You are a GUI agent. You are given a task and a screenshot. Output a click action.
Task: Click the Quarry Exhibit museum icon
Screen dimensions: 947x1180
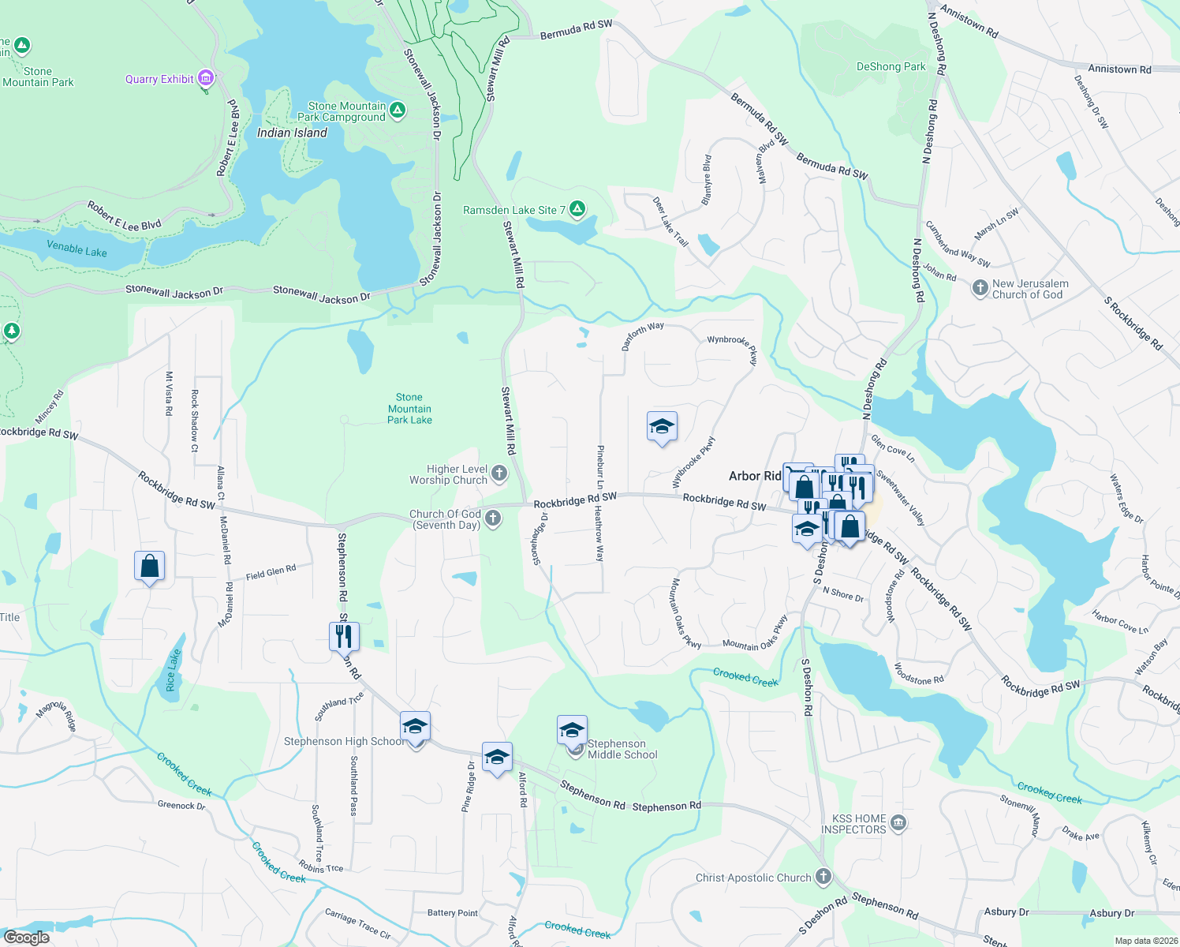[206, 78]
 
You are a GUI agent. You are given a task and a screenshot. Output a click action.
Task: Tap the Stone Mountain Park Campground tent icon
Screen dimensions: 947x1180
[398, 110]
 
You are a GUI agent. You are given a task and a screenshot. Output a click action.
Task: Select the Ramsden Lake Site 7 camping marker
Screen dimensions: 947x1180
[577, 209]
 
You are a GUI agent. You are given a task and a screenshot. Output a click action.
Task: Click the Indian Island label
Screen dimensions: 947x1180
[292, 133]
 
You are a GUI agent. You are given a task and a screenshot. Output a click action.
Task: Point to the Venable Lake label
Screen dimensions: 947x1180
[77, 249]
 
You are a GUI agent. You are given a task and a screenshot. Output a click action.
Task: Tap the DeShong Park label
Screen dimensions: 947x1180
[891, 67]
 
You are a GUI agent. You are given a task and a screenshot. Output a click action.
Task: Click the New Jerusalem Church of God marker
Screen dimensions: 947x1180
[980, 288]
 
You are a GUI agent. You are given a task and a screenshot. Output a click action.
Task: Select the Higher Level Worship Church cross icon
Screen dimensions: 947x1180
[499, 473]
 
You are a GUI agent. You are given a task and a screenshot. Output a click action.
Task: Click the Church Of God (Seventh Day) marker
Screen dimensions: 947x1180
[493, 518]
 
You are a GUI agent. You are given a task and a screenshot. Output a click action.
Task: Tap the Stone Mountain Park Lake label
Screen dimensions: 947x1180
[409, 409]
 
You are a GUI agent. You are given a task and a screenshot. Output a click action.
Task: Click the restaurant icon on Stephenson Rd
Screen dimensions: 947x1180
[344, 635]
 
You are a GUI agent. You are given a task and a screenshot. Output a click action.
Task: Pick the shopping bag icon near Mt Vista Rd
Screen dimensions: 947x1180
[150, 566]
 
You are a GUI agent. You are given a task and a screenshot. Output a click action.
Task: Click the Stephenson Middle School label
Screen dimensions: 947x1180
[622, 749]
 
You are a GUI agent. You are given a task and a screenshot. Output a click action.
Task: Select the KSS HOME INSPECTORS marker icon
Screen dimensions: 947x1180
[898, 824]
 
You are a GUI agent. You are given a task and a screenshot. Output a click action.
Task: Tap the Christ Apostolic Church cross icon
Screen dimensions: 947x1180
[823, 877]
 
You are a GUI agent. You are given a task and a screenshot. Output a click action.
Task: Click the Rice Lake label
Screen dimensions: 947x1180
[173, 670]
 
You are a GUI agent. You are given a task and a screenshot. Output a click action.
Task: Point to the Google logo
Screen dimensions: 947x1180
[27, 938]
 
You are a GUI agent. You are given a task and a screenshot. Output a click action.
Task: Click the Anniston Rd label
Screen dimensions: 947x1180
[1119, 69]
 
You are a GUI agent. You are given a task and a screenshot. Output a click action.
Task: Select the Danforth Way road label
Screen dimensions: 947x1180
[643, 335]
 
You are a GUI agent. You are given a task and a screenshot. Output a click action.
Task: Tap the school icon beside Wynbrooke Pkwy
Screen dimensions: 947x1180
[661, 427]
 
